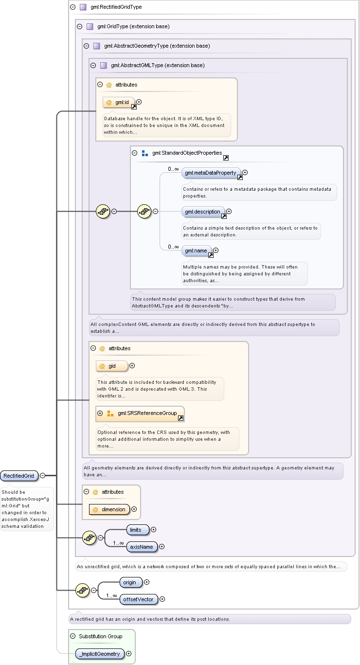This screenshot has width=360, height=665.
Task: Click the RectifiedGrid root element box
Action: click(19, 476)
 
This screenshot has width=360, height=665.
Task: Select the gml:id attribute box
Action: click(119, 103)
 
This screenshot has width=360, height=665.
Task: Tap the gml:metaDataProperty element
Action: click(211, 173)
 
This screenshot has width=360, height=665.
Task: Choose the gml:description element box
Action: click(203, 212)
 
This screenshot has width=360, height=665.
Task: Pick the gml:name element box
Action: click(197, 251)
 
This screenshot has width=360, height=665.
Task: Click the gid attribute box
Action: click(112, 366)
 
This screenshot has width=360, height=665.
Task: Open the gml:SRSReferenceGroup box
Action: click(140, 413)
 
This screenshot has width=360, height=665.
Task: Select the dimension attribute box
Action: click(109, 509)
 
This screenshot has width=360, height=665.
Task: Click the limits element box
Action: click(138, 530)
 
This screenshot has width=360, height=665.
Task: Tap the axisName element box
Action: click(142, 547)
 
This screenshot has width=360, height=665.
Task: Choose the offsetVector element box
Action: click(139, 599)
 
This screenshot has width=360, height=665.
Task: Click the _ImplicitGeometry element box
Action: click(100, 654)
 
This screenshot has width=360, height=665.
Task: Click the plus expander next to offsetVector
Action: click(162, 599)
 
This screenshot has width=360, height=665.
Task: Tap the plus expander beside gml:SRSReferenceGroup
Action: click(100, 413)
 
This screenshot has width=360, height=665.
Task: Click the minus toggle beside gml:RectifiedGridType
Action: click(72, 7)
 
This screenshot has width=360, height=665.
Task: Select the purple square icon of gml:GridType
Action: click(90, 26)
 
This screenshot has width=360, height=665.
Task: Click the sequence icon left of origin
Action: click(83, 590)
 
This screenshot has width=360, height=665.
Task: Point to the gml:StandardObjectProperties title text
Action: click(187, 153)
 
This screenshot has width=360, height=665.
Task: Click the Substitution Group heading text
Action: click(101, 636)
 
